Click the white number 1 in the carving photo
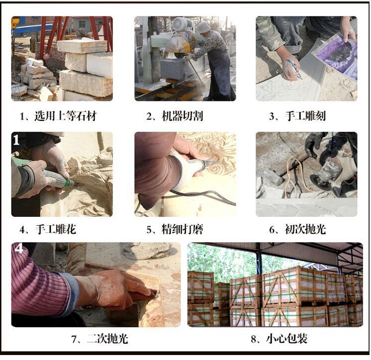(x=16, y=140)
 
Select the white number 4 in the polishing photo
(x=19, y=248)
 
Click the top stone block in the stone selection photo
(x=82, y=46)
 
